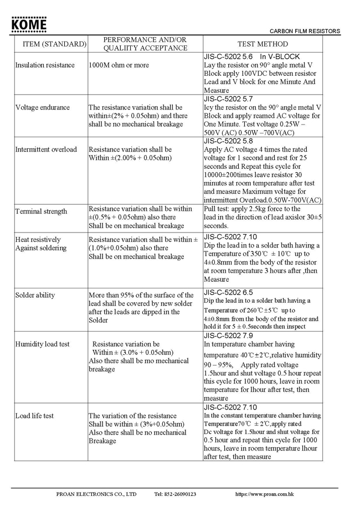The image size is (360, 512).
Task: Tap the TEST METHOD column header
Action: [263, 44]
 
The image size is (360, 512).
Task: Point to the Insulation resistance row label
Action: [45, 65]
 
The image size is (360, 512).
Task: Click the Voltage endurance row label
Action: [43, 107]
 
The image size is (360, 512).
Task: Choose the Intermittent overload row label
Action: [46, 149]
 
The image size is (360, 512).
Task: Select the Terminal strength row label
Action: [41, 211]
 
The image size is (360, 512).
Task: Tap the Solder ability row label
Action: [35, 295]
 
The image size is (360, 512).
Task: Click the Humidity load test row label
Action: [43, 344]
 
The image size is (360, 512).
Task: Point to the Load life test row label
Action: [34, 416]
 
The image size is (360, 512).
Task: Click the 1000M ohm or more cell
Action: [119, 65]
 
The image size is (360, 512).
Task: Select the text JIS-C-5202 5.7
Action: [228, 99]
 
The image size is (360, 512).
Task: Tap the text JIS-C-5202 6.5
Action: [228, 292]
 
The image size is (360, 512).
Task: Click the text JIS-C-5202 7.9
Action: [228, 335]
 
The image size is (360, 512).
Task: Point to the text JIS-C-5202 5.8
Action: [228, 141]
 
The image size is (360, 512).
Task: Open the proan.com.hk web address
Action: [264, 494]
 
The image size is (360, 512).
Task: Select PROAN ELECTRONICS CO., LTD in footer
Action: [96, 494]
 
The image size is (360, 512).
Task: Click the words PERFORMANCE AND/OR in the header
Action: [145, 40]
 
